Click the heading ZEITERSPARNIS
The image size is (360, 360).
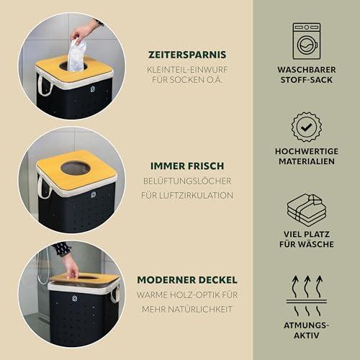pyautogui.click(x=187, y=55)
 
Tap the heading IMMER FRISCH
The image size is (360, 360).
pyautogui.click(x=187, y=166)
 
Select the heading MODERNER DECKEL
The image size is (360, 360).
pyautogui.click(x=187, y=280)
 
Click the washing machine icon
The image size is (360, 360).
pyautogui.click(x=307, y=41)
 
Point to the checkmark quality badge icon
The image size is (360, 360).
pyautogui.click(x=307, y=127)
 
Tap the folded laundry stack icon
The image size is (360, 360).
pyautogui.click(x=307, y=210)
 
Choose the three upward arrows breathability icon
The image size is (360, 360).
pyautogui.click(x=307, y=296)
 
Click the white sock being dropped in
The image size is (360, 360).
pyautogui.click(x=77, y=55)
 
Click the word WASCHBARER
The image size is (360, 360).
pyautogui.click(x=307, y=70)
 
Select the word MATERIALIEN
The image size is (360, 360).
pyautogui.click(x=307, y=161)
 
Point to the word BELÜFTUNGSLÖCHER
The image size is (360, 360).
pyautogui.click(x=187, y=181)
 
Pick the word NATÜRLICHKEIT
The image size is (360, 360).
pyautogui.click(x=200, y=309)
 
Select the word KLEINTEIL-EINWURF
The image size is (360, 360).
pyautogui.click(x=187, y=70)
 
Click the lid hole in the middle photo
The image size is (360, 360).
pyautogui.click(x=76, y=168)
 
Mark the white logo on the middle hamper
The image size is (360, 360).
pyautogui.click(x=94, y=195)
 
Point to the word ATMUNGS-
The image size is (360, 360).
pyautogui.click(x=307, y=325)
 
